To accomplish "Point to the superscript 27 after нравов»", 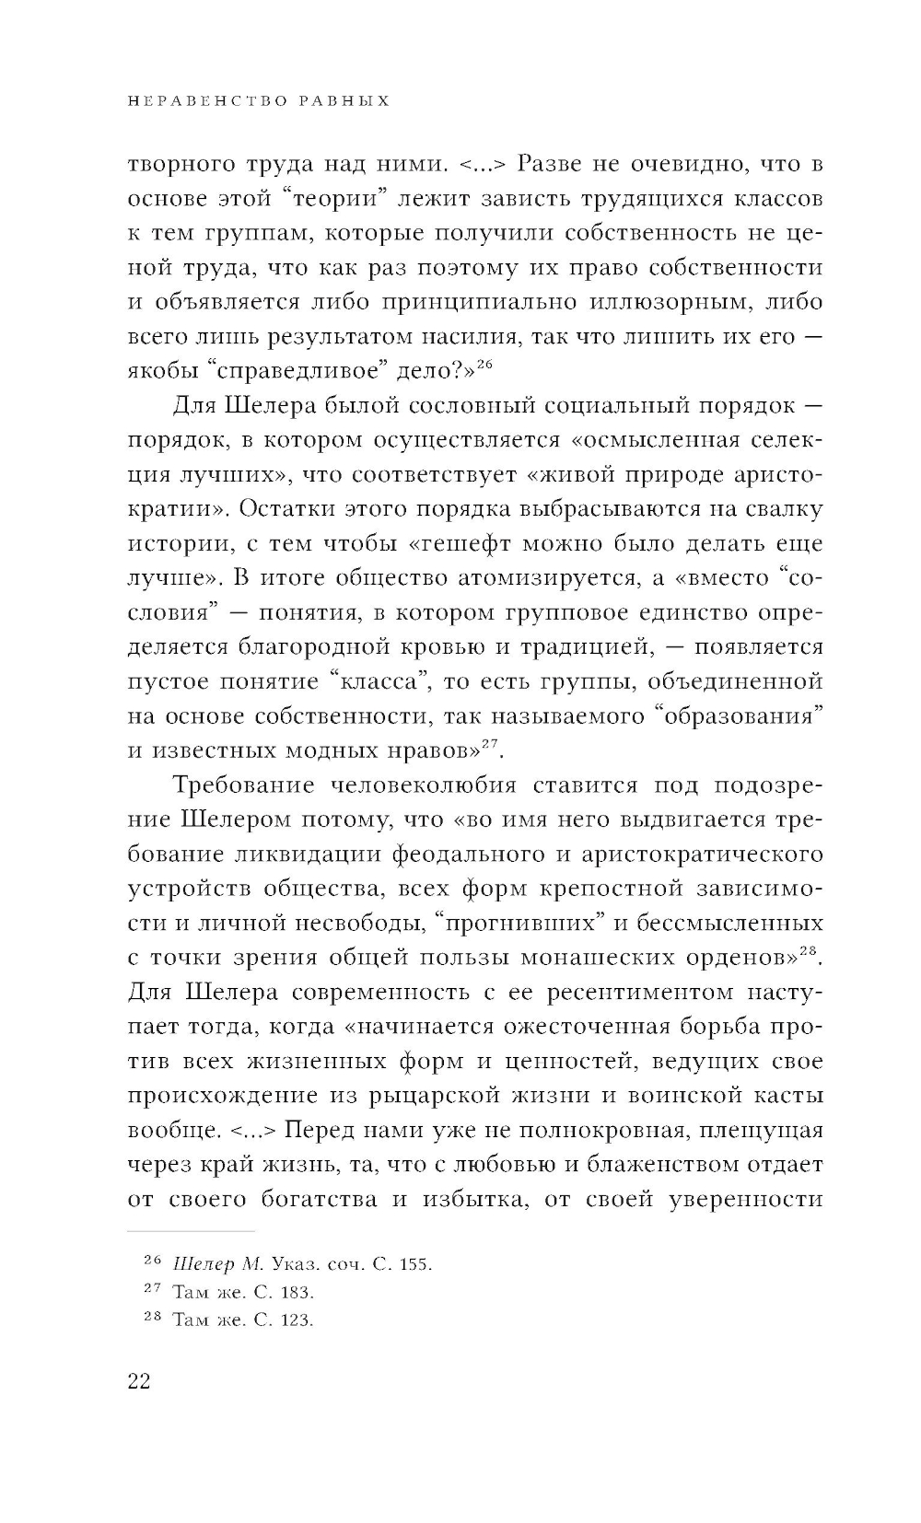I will pyautogui.click(x=490, y=742).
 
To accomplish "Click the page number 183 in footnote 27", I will pyautogui.click(x=297, y=1292).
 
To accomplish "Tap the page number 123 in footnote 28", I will pyautogui.click(x=297, y=1320).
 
